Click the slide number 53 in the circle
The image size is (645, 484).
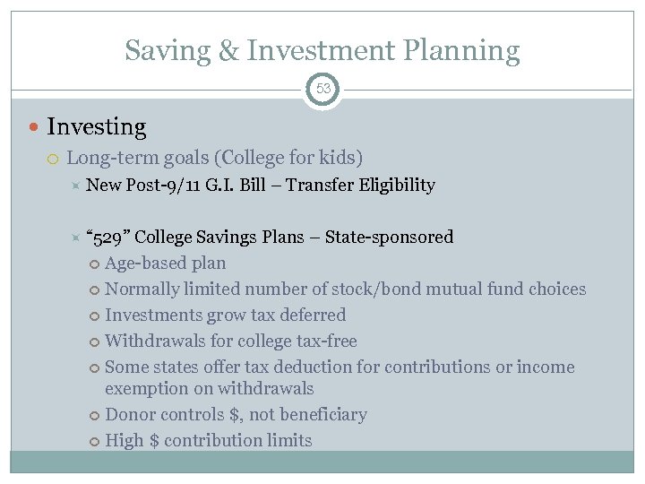pos(322,89)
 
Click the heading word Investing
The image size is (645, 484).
pos(96,127)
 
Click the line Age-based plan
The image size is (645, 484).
pos(165,264)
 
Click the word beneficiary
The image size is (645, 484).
pos(317,415)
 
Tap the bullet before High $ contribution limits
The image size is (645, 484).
pos(95,441)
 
